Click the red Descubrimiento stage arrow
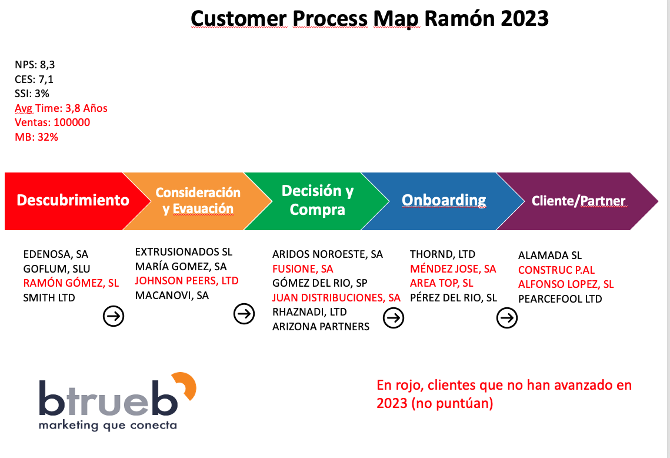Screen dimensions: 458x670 pos(72,200)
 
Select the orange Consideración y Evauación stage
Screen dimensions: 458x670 pos(198,201)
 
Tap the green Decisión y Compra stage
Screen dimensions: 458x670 pos(317,200)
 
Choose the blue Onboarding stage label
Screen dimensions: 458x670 pos(444,200)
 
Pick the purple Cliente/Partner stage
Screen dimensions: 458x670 pos(578,201)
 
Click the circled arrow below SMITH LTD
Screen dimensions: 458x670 pos(114,316)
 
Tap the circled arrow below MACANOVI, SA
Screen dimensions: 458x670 pos(244,314)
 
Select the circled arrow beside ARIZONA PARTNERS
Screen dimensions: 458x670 pos(393,318)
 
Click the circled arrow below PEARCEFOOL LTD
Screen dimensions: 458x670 pos(506,318)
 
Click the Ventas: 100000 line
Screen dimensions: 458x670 pos(52,122)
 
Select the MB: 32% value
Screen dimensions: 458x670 pos(36,137)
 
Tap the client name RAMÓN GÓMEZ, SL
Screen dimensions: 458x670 pos(71,283)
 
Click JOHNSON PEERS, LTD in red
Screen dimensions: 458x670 pos(186,281)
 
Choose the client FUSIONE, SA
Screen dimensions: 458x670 pos(302,269)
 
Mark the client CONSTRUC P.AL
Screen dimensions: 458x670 pos(556,270)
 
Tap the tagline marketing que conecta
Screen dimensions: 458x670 pos(107,424)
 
